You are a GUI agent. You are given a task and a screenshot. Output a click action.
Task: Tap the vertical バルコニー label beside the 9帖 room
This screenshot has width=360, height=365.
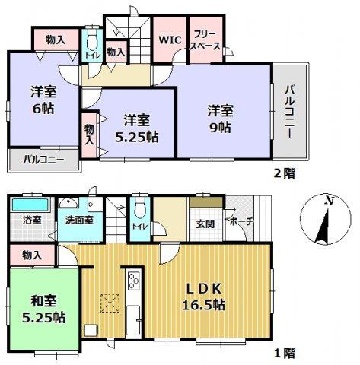coord(290,111)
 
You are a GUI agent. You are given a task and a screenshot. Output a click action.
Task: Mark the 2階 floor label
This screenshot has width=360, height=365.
coord(285,173)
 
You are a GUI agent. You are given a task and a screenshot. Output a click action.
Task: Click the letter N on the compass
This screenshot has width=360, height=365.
coord(328,201)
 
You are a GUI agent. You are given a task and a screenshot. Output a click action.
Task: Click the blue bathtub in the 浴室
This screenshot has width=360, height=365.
coord(30,205)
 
